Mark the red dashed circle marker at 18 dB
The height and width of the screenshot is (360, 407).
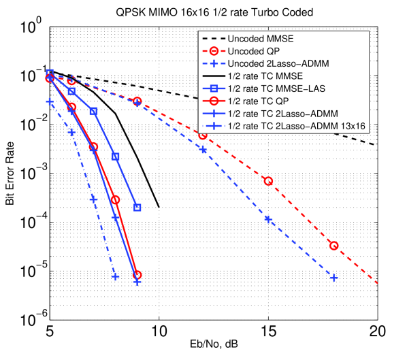point(333,246)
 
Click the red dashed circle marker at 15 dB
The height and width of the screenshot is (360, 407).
point(268,181)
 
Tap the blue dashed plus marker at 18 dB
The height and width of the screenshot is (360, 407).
point(333,278)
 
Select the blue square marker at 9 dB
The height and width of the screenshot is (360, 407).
point(137,207)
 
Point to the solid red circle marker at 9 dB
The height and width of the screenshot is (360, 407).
point(137,275)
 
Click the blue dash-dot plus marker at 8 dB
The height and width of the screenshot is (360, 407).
point(116,276)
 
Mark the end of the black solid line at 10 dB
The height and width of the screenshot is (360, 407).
point(159,207)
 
